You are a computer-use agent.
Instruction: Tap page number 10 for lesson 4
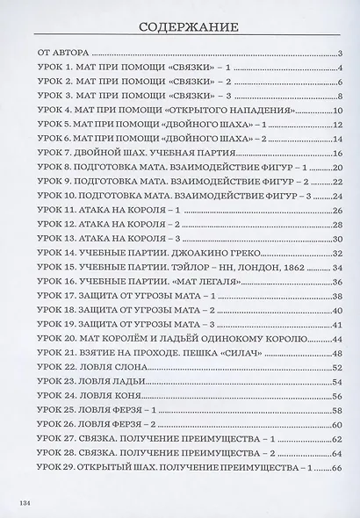(x=335, y=112)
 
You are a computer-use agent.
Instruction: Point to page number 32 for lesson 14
(x=335, y=253)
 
